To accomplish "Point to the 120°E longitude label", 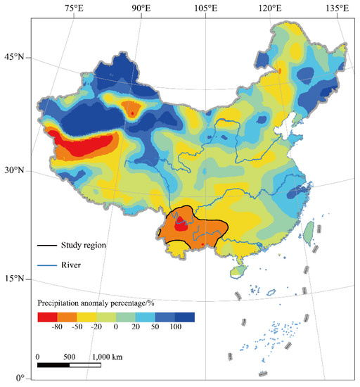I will tap(271, 8).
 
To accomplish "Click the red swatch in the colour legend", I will tap(47, 317).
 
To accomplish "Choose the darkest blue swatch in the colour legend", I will tap(185, 317).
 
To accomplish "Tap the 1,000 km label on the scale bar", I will tap(107, 356).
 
